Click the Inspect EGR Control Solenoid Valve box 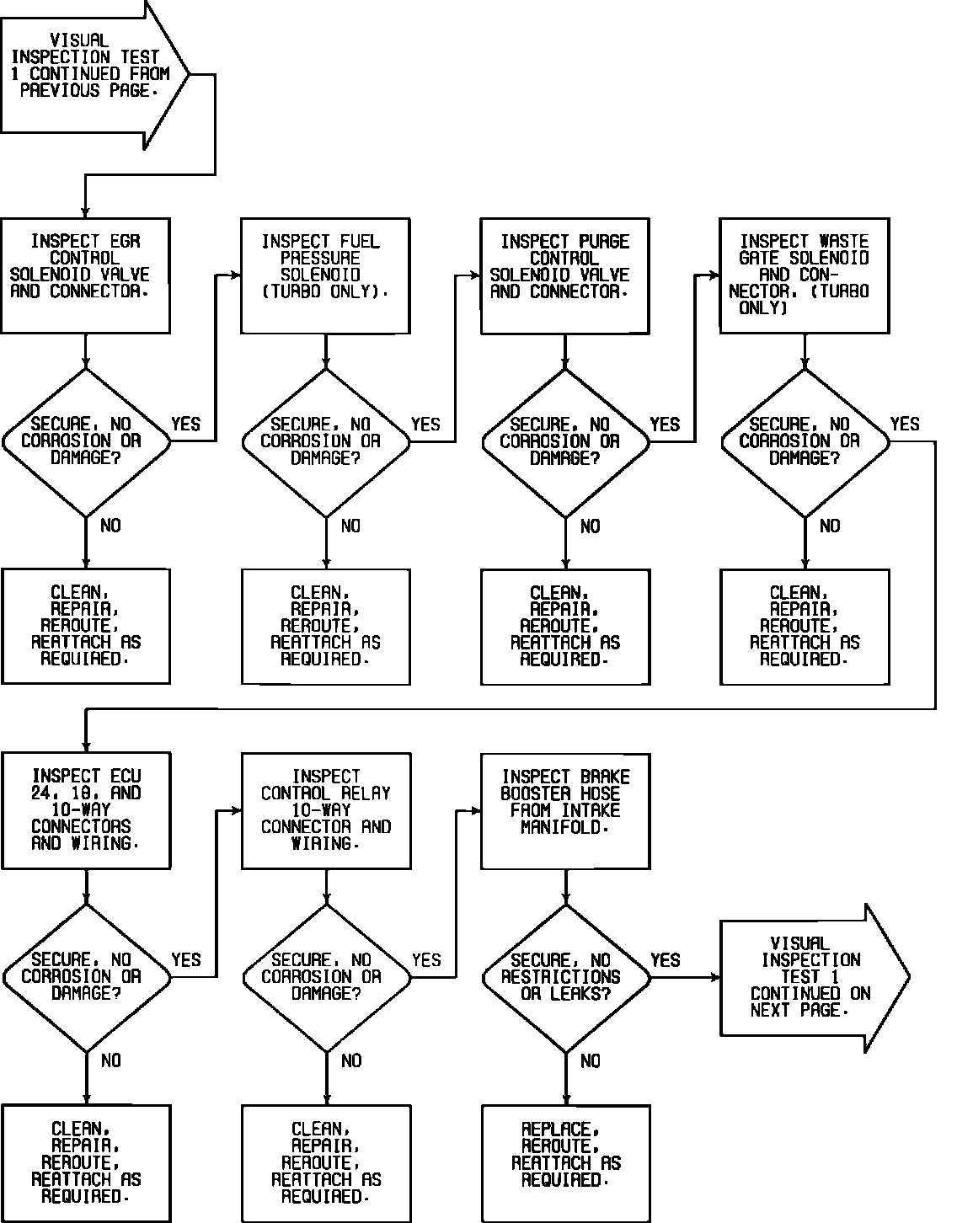pyautogui.click(x=85, y=275)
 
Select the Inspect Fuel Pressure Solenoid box pyautogui.click(x=325, y=275)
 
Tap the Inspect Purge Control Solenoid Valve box pyautogui.click(x=564, y=275)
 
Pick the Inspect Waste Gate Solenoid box pyautogui.click(x=805, y=275)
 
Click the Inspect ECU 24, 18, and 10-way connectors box pyautogui.click(x=86, y=810)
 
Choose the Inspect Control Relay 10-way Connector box pyautogui.click(x=326, y=810)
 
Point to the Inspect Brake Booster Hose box pyautogui.click(x=565, y=810)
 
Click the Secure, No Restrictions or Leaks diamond pyautogui.click(x=565, y=978)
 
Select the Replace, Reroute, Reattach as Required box pyautogui.click(x=565, y=1163)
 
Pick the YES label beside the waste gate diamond pyautogui.click(x=905, y=424)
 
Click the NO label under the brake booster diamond pyautogui.click(x=591, y=1061)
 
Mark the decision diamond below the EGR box pyautogui.click(x=86, y=441)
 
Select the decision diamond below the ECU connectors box pyautogui.click(x=86, y=978)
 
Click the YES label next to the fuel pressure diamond pyautogui.click(x=425, y=424)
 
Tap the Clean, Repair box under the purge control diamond pyautogui.click(x=564, y=627)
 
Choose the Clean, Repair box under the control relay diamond pyautogui.click(x=326, y=1163)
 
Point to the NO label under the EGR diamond pyautogui.click(x=110, y=526)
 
